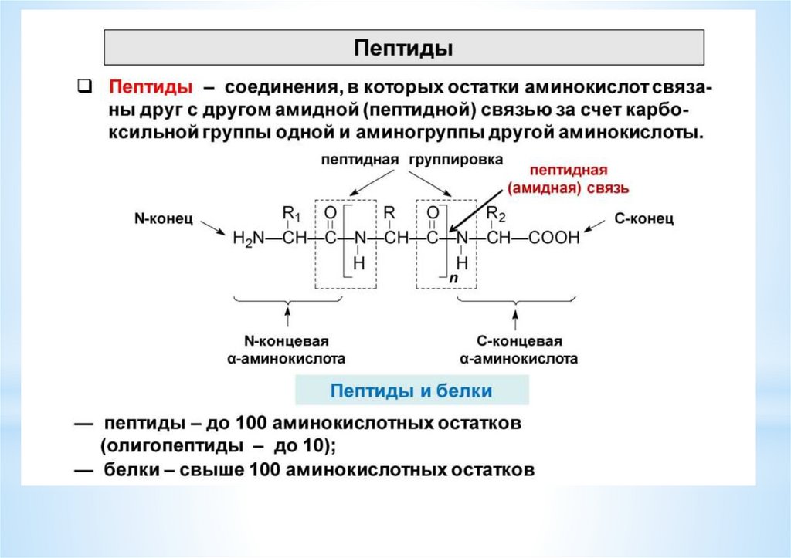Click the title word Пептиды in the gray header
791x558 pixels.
[x=403, y=48]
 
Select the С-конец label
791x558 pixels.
[x=643, y=218]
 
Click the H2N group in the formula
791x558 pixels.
[x=247, y=239]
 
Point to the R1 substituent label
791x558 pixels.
[x=290, y=212]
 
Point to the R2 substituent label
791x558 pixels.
[x=496, y=212]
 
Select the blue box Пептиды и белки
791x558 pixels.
[x=411, y=391]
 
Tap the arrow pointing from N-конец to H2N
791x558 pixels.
[x=212, y=226]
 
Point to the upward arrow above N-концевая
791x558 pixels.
[x=287, y=317]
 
